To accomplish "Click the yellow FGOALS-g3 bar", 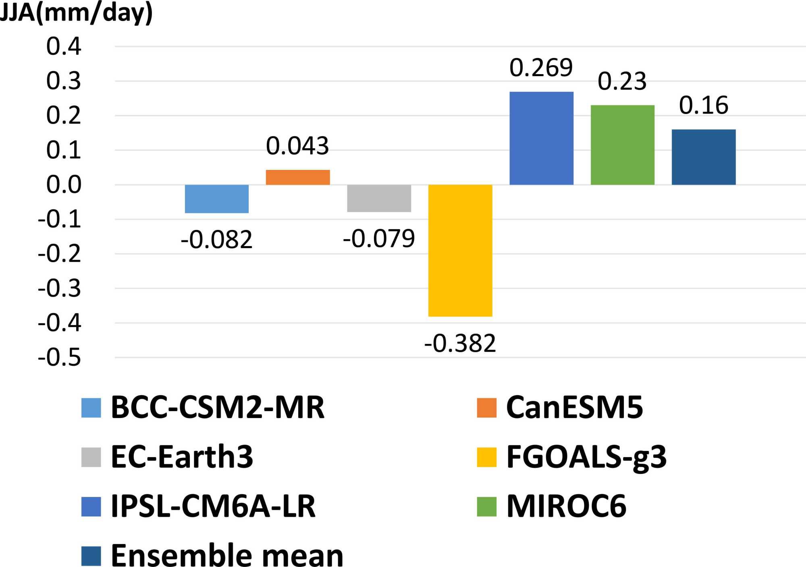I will coord(460,250).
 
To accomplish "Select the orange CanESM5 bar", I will coord(298,177).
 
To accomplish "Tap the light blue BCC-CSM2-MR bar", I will coord(217,199).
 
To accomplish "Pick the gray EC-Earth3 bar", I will coord(379,198).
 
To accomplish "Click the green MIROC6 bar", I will coord(623,145).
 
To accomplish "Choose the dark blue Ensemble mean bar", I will coord(704,157).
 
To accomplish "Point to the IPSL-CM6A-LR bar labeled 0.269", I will coord(541,138).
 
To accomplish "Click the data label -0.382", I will coord(460,344).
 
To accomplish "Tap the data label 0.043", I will coord(297,146).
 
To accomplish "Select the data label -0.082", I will coord(217,240).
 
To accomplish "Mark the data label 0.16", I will coord(704,106).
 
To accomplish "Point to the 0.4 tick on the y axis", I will coord(64,46).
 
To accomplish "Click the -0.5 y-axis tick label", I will coord(60,358).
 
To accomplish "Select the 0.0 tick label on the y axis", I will coord(64,185).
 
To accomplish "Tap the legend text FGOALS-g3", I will coord(586,457).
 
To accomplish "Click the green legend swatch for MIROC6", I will coord(486,507).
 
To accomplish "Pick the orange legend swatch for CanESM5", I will coord(486,408).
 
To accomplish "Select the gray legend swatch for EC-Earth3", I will coord(91,457).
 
